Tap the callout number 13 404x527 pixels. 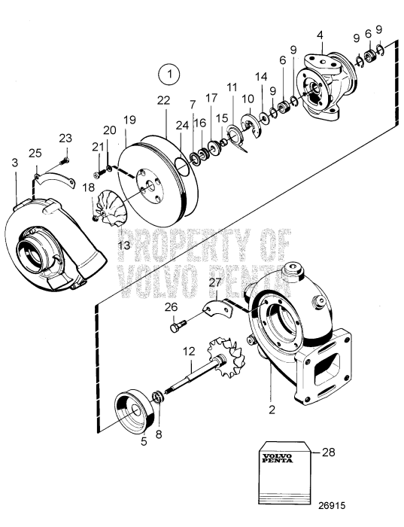(x=123, y=245)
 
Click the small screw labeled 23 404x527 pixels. (x=66, y=160)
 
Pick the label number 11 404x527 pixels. (x=232, y=87)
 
